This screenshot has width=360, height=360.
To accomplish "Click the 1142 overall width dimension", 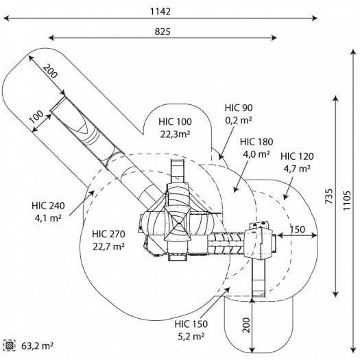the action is (x=160, y=12).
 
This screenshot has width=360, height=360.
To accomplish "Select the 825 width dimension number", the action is (x=163, y=32).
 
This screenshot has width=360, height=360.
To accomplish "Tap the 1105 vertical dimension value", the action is (x=347, y=200).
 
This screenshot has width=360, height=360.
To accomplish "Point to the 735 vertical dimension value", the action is (x=329, y=196).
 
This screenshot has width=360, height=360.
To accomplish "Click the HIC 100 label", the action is (x=175, y=121).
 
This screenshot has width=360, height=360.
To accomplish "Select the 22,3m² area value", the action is (x=175, y=134).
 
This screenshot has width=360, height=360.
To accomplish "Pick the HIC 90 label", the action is (x=239, y=108).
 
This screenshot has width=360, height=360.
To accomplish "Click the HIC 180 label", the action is (x=256, y=142).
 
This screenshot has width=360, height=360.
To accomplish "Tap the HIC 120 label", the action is (x=297, y=156).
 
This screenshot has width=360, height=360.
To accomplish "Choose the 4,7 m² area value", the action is (x=297, y=169).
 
